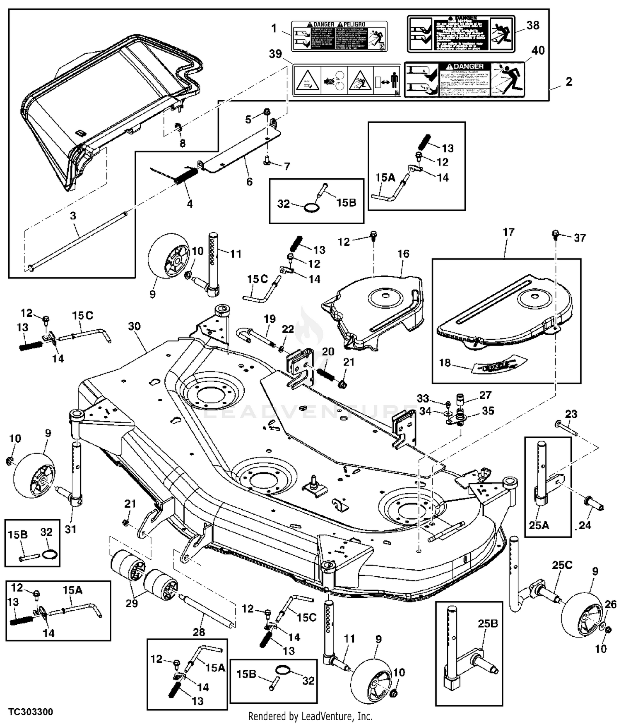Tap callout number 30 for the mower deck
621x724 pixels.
[x=134, y=326]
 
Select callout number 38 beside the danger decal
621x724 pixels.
[x=533, y=25]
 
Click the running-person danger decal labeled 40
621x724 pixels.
[x=464, y=79]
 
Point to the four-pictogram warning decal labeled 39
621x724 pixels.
[x=347, y=80]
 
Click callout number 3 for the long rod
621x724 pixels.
[x=73, y=216]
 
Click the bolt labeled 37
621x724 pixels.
[x=556, y=235]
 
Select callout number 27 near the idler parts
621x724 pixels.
[x=485, y=395]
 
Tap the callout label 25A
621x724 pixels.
[x=539, y=525]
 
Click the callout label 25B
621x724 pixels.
[x=488, y=623]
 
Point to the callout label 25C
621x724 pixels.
[x=562, y=565]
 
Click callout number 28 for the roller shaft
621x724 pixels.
[x=199, y=632]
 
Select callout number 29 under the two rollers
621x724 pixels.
[x=132, y=603]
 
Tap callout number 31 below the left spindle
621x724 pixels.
[x=70, y=529]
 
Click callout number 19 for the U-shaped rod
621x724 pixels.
[x=270, y=319]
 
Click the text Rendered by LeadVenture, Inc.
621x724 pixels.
[x=310, y=716]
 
